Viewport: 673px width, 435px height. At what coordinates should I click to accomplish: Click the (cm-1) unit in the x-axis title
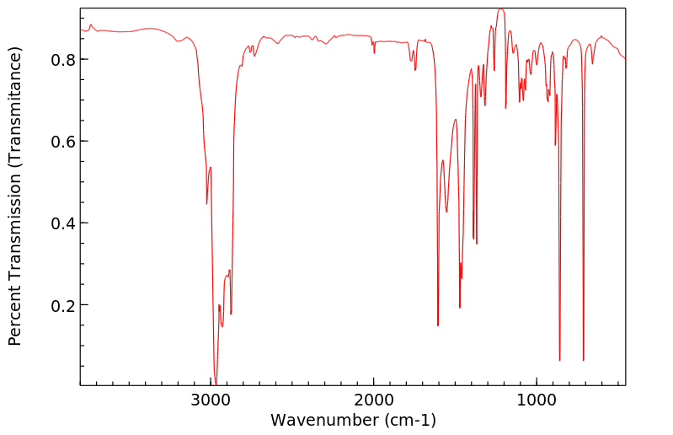pos(410,420)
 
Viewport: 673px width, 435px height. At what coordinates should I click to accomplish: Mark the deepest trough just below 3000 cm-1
pos(216,384)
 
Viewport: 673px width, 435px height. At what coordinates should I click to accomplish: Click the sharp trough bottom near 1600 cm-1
pos(438,325)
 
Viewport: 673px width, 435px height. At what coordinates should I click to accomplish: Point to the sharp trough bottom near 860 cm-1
pos(559,361)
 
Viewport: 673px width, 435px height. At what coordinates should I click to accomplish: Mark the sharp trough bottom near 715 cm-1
pos(583,361)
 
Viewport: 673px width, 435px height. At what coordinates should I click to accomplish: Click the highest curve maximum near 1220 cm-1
pos(500,9)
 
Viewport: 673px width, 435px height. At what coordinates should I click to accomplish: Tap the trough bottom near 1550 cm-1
pos(446,212)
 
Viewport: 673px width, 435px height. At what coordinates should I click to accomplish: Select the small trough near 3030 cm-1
pos(206,203)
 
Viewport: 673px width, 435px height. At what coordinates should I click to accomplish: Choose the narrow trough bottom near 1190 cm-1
pos(505,108)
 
